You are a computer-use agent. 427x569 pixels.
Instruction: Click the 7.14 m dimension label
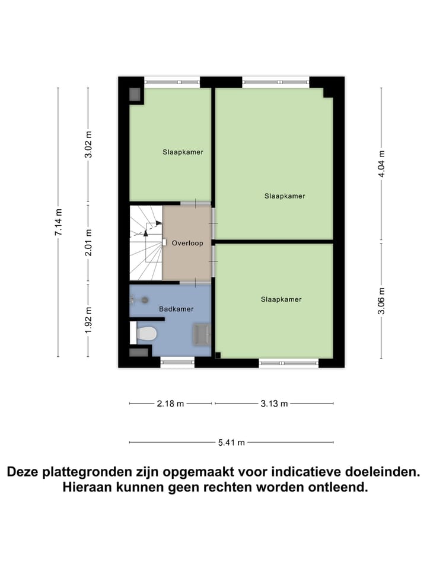point(58,222)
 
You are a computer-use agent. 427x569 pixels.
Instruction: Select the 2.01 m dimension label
point(88,243)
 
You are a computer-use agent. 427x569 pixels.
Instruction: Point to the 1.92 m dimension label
point(88,320)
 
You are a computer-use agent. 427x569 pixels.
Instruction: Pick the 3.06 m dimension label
point(381,302)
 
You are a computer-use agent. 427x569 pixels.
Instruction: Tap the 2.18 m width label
point(170,404)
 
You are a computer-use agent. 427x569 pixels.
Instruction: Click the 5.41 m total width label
point(231,442)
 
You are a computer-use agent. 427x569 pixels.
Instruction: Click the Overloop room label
point(187,243)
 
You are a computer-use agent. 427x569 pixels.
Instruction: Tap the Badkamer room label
point(176,309)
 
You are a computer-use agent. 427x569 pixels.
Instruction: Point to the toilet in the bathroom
point(146,334)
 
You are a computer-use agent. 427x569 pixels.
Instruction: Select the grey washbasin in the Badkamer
point(200,334)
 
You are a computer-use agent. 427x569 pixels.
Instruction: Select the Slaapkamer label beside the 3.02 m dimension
point(183,152)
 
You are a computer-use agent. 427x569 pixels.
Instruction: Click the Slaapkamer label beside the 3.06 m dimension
point(281,299)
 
